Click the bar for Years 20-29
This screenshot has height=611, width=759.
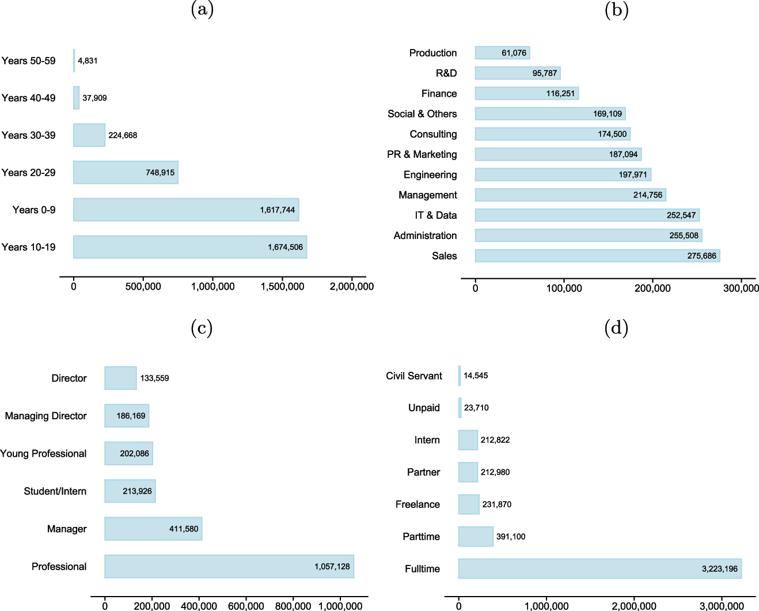click(126, 172)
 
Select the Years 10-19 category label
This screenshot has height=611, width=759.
click(28, 247)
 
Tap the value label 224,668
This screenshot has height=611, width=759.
click(123, 135)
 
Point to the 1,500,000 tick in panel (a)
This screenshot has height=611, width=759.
click(282, 287)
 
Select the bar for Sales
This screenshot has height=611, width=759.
click(597, 256)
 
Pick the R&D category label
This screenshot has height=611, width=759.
click(446, 73)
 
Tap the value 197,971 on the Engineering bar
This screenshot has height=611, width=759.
click(633, 174)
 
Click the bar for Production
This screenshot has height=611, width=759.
click(502, 53)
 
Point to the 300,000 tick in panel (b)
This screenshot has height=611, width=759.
click(741, 289)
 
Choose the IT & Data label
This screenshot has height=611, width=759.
click(435, 215)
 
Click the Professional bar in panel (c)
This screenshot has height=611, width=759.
click(229, 567)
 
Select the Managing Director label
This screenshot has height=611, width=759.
click(45, 416)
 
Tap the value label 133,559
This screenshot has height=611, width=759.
click(154, 378)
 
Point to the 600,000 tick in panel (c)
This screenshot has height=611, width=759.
click(246, 606)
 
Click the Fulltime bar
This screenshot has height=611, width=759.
click(599, 568)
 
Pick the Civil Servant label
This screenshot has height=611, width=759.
click(413, 376)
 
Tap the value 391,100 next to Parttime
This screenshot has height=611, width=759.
click(510, 537)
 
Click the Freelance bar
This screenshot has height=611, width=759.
click(469, 504)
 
